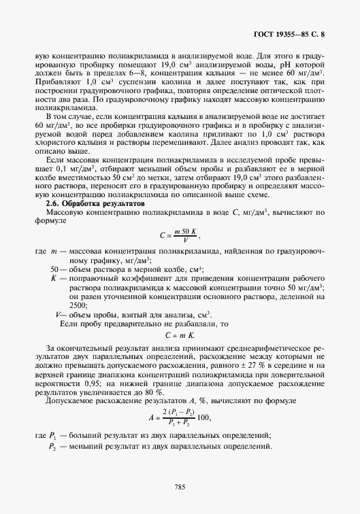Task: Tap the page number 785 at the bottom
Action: [180, 487]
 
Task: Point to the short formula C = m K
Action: [180, 336]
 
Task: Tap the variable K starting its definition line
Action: [53, 279]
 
